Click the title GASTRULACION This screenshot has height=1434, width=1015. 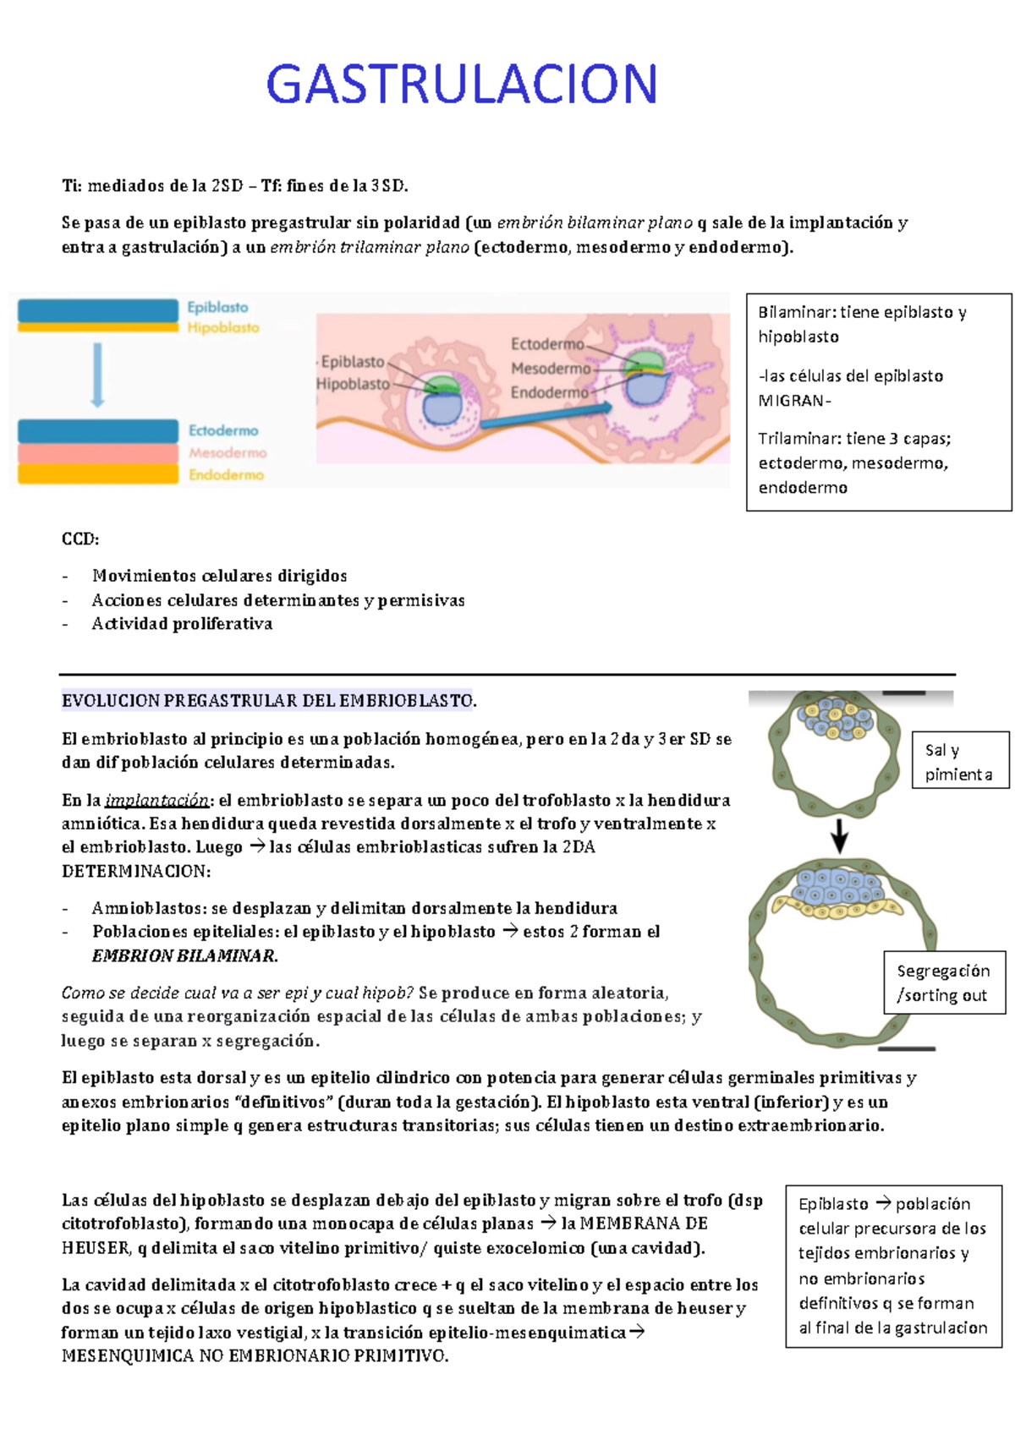point(462,85)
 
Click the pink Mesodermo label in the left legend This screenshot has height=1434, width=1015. point(228,453)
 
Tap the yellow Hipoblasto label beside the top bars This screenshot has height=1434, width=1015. point(223,328)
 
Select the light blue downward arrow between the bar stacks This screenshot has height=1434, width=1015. point(98,375)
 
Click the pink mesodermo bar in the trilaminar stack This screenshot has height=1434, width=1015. point(98,453)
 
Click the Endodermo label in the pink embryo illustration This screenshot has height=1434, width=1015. point(549,392)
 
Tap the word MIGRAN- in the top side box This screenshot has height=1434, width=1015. point(794,401)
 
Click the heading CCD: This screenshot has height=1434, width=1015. point(80,539)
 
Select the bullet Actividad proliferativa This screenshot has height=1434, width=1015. point(182,624)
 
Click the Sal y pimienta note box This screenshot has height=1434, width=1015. point(960,761)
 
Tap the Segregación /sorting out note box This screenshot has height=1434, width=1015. point(943,982)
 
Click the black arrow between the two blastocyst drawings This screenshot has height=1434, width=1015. point(839,835)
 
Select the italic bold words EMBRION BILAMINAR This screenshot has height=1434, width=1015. point(184,956)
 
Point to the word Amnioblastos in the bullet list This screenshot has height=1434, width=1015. point(148,908)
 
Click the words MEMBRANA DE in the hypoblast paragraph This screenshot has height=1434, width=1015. point(643,1223)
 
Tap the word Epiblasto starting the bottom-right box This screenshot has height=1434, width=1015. point(833,1204)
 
